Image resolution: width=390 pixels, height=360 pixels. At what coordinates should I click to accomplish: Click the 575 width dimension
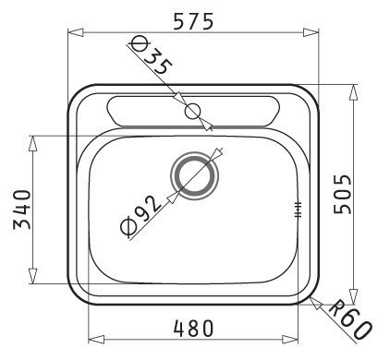click(x=193, y=21)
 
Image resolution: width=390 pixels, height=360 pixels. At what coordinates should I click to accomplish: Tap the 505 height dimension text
click(x=343, y=194)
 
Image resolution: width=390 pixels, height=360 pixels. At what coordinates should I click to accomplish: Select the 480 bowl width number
click(x=193, y=328)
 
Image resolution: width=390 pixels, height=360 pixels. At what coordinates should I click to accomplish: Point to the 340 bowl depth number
click(x=22, y=210)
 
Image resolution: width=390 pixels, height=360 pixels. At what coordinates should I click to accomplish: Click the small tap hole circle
click(x=193, y=111)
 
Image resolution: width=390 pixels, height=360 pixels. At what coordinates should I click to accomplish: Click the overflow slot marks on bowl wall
click(x=298, y=210)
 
